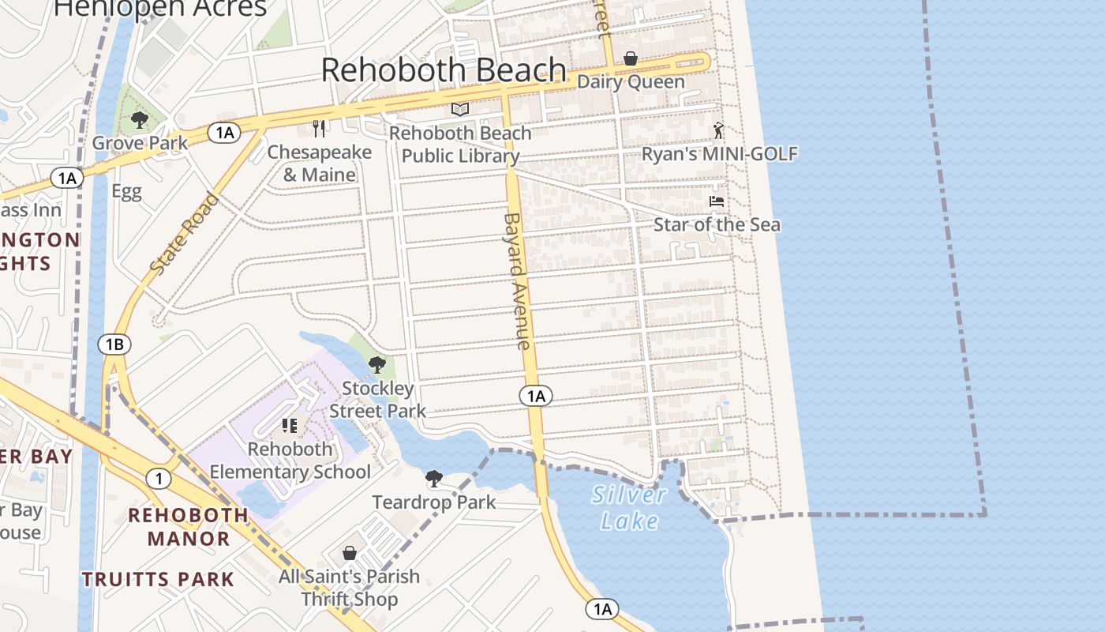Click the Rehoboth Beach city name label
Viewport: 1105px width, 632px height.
444,70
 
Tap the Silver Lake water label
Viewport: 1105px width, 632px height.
629,507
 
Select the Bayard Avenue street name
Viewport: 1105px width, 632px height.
517,280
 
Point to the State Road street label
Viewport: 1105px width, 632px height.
184,233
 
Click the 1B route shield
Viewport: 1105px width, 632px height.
114,344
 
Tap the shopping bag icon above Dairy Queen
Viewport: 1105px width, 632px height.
631,58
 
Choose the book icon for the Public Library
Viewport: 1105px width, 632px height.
460,109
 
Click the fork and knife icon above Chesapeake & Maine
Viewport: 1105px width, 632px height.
319,128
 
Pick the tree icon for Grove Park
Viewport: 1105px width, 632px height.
140,120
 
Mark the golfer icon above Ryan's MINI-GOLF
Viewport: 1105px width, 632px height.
718,130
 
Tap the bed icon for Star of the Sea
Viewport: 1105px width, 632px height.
717,201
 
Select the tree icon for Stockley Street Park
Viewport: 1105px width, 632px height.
377,365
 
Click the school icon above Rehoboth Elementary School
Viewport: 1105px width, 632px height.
290,426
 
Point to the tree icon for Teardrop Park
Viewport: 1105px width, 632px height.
433,479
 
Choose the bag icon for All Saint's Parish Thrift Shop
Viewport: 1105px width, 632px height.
350,553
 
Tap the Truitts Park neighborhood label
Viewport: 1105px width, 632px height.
158,579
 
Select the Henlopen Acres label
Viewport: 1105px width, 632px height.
161,8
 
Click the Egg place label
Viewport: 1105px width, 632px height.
126,192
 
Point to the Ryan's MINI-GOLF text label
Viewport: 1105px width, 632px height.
719,154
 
